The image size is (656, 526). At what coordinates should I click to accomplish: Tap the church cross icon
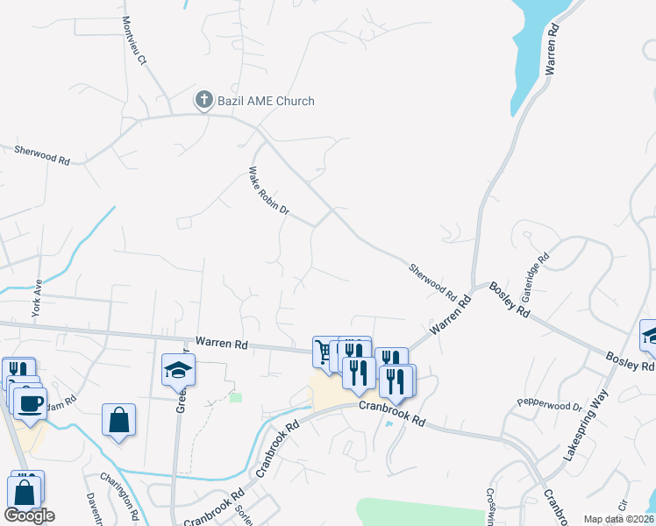click(203, 100)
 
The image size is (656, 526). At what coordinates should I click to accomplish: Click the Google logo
click(29, 515)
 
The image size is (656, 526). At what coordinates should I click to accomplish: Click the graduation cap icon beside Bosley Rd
click(651, 335)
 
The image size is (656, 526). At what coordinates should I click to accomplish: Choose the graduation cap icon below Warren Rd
click(178, 370)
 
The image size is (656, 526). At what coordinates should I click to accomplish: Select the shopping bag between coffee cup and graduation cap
click(118, 419)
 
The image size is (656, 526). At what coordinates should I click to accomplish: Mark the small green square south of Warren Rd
click(235, 397)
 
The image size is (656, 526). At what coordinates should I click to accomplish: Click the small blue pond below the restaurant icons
click(389, 424)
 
